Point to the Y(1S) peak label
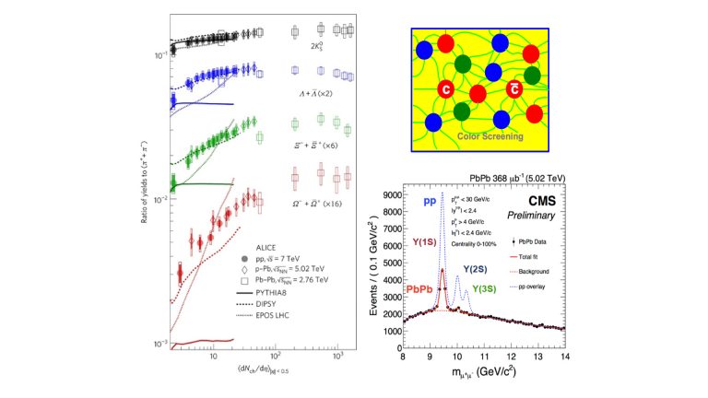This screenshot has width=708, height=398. point(426,243)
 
